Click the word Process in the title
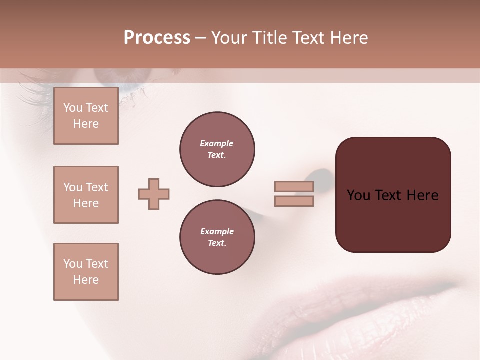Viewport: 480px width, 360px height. [x=157, y=38]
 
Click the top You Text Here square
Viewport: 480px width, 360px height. [x=86, y=116]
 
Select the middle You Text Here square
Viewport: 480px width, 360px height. [x=86, y=195]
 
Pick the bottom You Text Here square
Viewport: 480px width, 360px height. [x=86, y=272]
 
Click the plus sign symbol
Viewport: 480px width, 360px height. [x=154, y=194]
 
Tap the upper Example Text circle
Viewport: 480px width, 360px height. [x=217, y=149]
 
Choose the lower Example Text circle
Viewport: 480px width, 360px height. [x=217, y=237]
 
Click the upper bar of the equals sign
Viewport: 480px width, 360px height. [x=294, y=186]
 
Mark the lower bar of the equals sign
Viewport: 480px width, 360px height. [x=294, y=201]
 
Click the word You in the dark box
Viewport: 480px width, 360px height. [x=358, y=195]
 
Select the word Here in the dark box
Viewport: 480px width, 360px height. [x=422, y=195]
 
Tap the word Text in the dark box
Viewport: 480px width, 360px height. [x=389, y=195]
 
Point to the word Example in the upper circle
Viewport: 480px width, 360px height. [x=217, y=143]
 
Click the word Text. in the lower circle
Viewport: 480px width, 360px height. [x=217, y=243]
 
